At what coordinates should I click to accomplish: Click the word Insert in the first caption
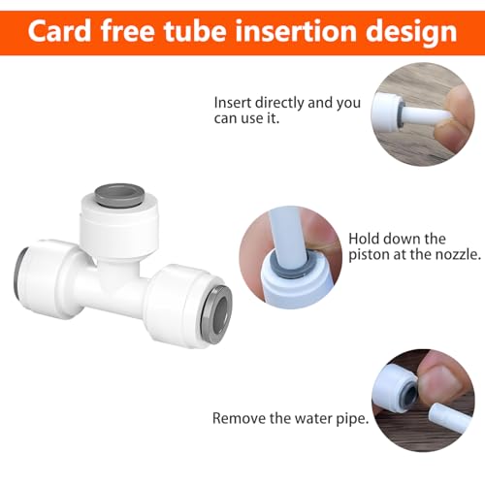tap(235, 100)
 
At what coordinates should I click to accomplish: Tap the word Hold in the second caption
tap(364, 239)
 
